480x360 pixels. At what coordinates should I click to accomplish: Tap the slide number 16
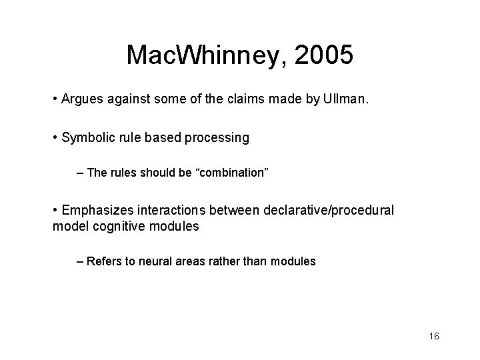[434, 336]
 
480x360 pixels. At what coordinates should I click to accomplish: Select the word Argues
[80, 100]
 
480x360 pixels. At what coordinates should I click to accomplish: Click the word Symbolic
[85, 138]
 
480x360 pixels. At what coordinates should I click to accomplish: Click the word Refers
[103, 261]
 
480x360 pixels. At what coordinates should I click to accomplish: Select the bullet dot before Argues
[54, 100]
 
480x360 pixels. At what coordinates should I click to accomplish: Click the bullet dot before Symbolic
[54, 138]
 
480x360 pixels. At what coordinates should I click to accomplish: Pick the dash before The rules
[80, 173]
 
